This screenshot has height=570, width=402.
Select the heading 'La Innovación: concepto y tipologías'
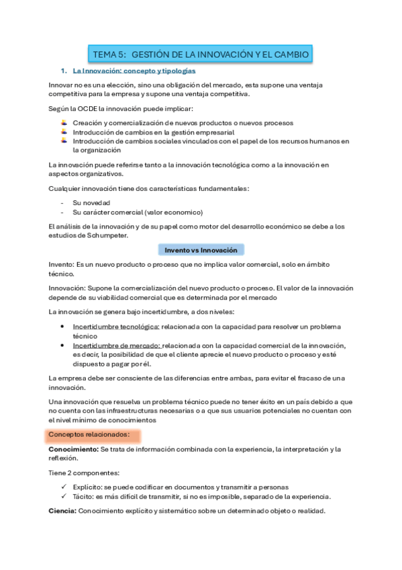tap(134, 71)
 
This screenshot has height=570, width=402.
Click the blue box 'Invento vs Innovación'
tap(201, 250)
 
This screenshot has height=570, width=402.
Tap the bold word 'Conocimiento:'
tap(73, 449)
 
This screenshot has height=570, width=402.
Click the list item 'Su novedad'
tap(92, 202)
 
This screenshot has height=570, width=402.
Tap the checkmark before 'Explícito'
tap(63, 486)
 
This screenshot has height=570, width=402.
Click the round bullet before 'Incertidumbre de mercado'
tap(63, 345)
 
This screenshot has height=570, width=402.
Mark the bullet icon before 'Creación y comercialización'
tap(63, 123)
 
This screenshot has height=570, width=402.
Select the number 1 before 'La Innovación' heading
tap(62, 71)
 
